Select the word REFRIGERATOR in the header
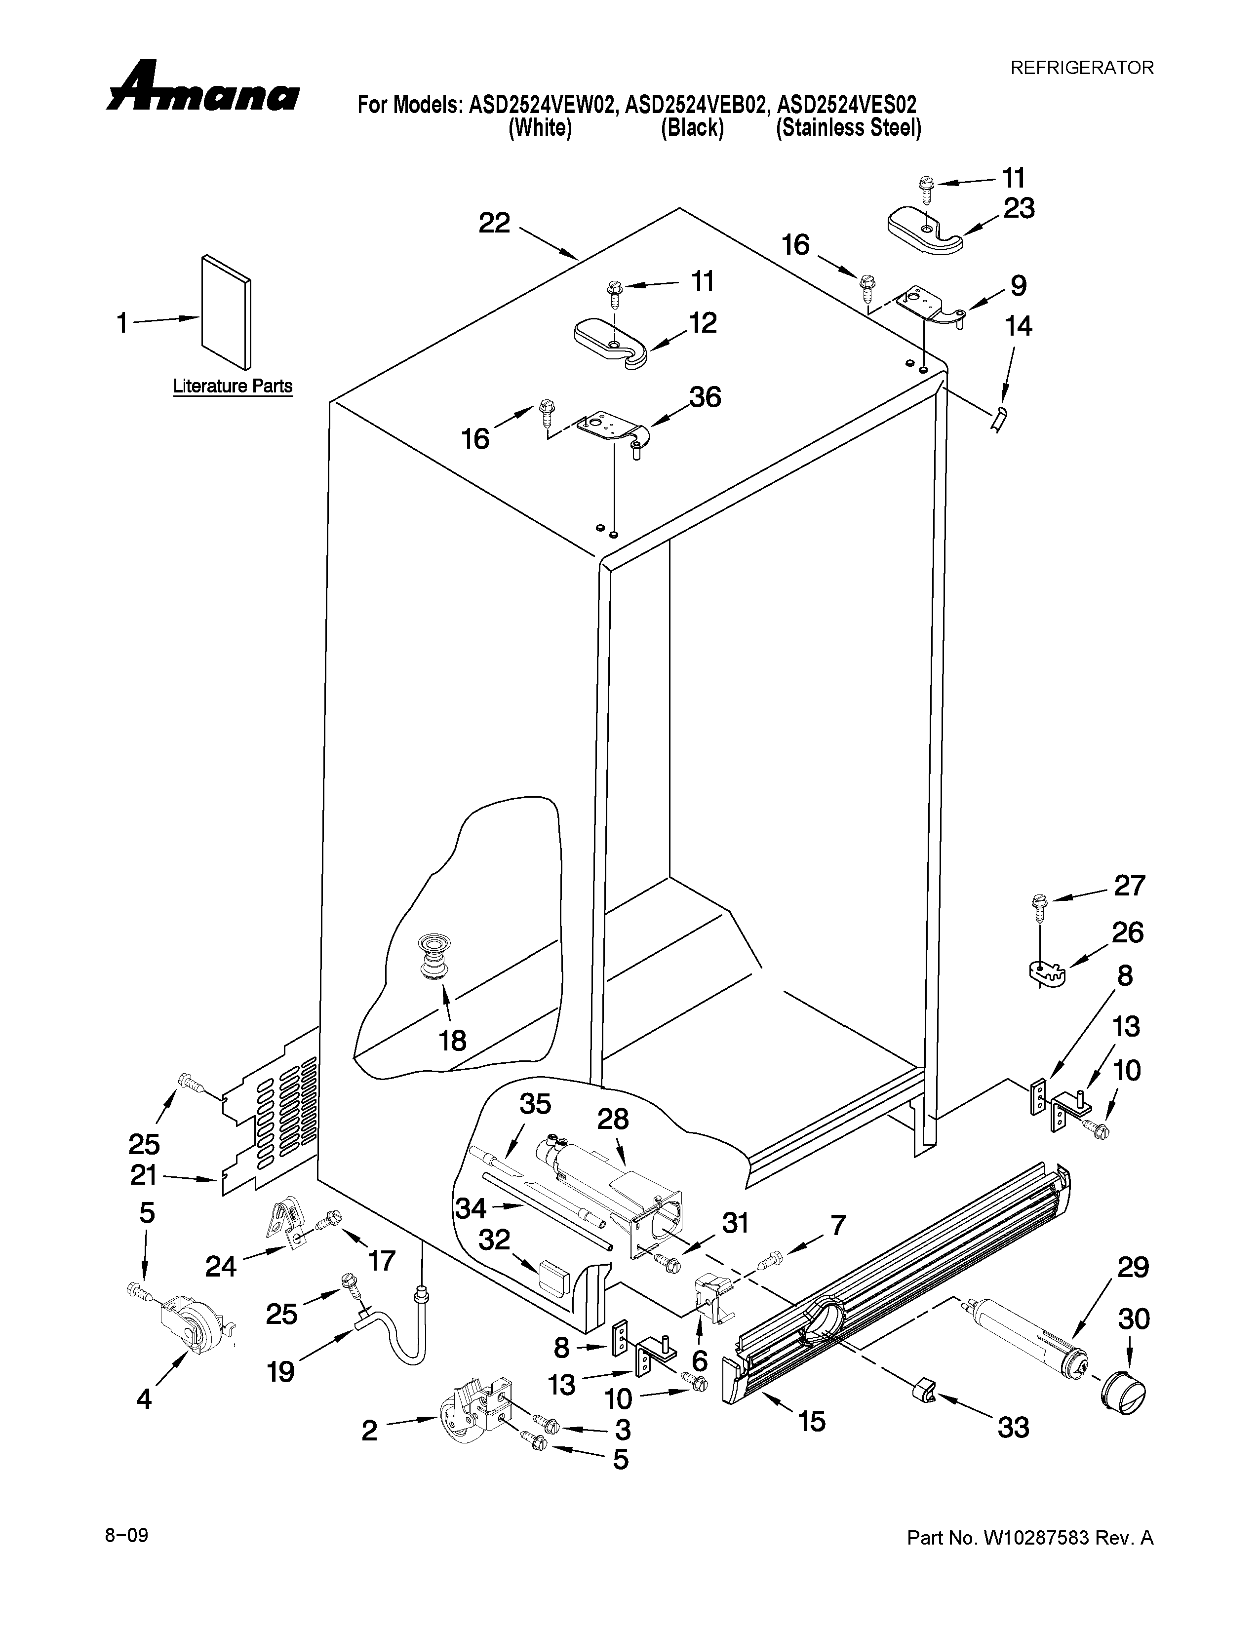(1081, 68)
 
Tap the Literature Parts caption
(233, 387)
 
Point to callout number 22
(494, 223)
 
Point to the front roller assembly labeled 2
(475, 1416)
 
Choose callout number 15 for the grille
(812, 1422)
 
